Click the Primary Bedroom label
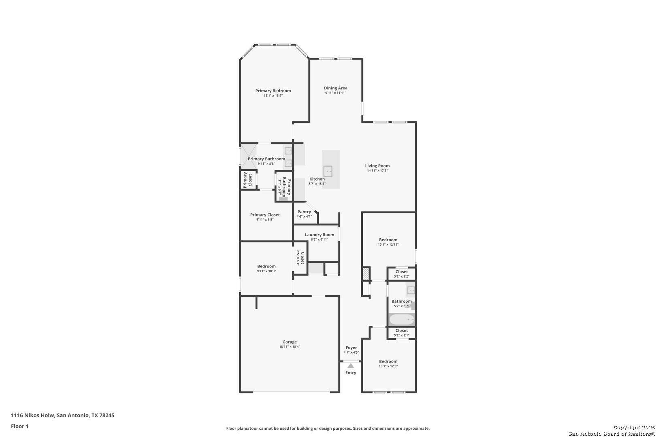click(x=273, y=91)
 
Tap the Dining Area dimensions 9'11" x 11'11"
click(x=336, y=93)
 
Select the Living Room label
click(x=377, y=165)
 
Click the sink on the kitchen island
click(x=328, y=171)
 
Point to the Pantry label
click(x=304, y=212)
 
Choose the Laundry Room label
click(x=319, y=234)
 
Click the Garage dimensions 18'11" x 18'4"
click(x=290, y=346)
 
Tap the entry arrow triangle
click(x=351, y=365)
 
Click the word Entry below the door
click(x=351, y=373)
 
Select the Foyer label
click(x=351, y=348)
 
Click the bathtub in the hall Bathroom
click(x=402, y=319)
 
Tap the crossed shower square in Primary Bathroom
click(x=248, y=157)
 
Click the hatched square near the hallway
click(x=366, y=274)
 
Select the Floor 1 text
click(x=19, y=426)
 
